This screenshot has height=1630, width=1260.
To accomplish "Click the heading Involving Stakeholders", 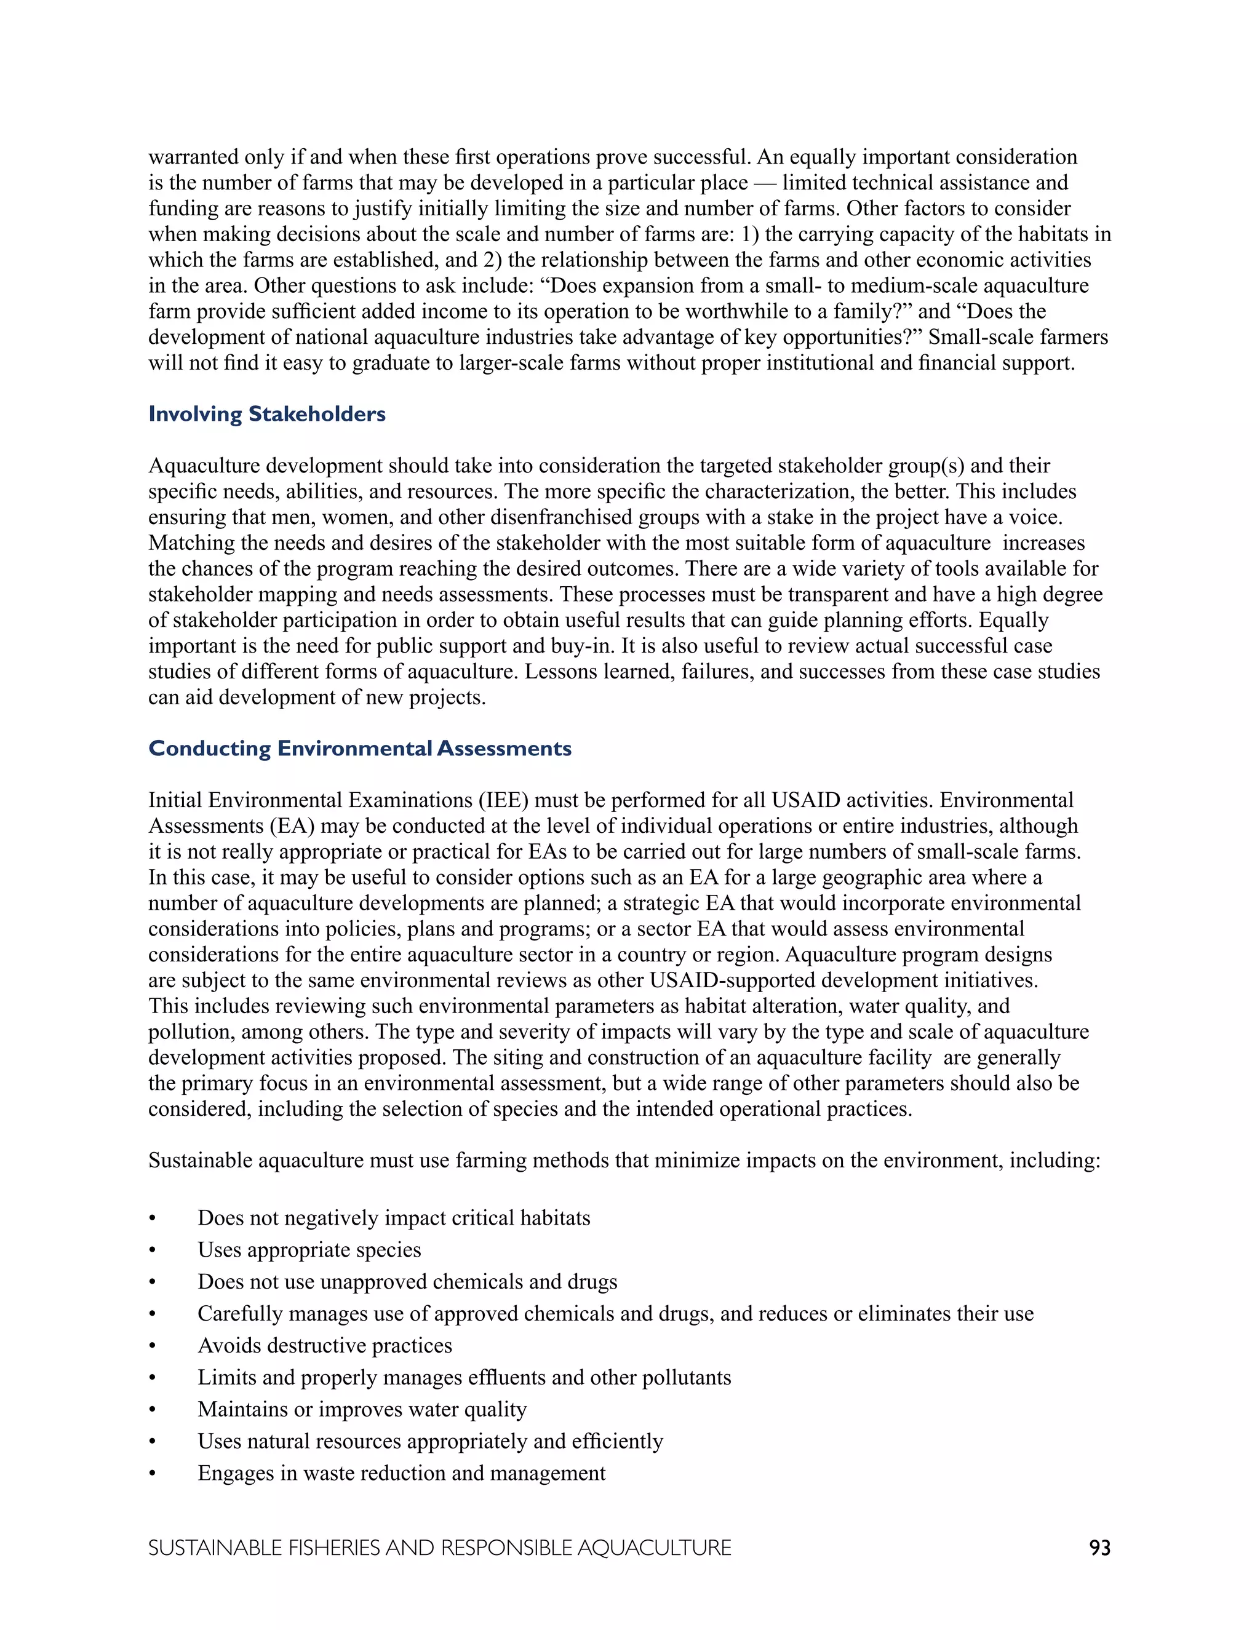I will [266, 414].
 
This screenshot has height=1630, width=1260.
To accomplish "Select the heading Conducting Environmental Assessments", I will [360, 749].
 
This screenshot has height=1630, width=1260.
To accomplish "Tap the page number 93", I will [1099, 1548].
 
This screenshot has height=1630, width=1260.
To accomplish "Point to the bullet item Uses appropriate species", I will [309, 1250].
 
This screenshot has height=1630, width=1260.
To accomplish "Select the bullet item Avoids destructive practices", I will [325, 1346].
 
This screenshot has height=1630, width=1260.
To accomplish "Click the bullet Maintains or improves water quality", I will [362, 1409].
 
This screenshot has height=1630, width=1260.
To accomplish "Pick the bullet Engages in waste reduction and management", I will [402, 1473].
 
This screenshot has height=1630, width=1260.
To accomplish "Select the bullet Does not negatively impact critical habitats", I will [393, 1218].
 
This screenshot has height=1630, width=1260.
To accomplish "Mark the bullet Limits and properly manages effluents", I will [465, 1378].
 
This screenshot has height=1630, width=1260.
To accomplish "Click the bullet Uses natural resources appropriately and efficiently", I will [430, 1441].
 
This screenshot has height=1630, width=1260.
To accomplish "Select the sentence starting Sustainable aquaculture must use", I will [624, 1161].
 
